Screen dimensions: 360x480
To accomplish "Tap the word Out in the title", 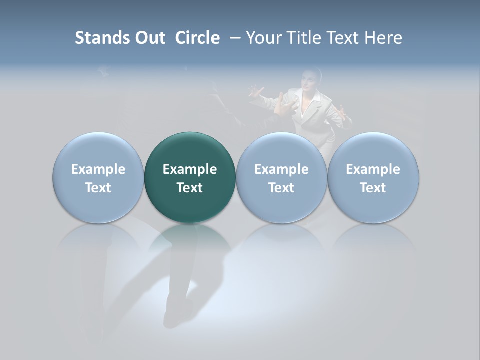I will coord(150,38).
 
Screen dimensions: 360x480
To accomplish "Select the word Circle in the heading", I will coord(197,38).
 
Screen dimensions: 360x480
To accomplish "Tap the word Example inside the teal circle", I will coord(190,169).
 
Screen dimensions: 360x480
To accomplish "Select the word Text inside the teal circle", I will coord(190,188).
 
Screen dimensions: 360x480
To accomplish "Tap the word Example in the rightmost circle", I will coord(373,169).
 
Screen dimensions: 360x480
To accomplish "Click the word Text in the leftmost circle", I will coord(98,188).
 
